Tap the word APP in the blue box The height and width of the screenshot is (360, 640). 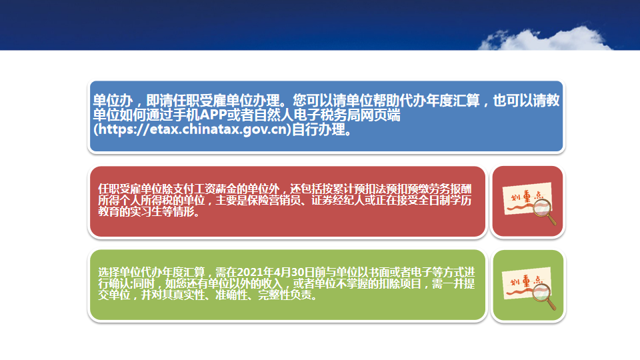point(213,115)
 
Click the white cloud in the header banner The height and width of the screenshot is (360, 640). point(545,39)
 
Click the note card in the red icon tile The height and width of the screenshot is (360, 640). point(526,198)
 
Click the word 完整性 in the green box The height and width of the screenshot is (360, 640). point(274,295)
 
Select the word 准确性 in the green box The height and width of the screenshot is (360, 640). point(231,295)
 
